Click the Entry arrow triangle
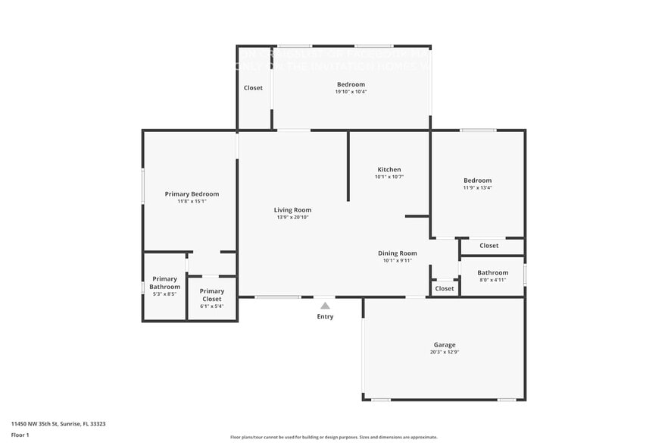pyautogui.click(x=325, y=306)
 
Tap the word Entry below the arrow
pyautogui.click(x=325, y=316)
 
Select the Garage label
pyautogui.click(x=445, y=345)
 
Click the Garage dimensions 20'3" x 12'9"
pyautogui.click(x=445, y=353)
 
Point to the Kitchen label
pyautogui.click(x=389, y=169)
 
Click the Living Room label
pyautogui.click(x=292, y=210)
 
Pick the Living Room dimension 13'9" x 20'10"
pyautogui.click(x=292, y=218)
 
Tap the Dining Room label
pyautogui.click(x=398, y=253)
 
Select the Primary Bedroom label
pyautogui.click(x=192, y=194)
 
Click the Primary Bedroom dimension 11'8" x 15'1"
pyautogui.click(x=192, y=202)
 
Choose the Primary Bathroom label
pyautogui.click(x=164, y=283)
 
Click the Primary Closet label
pyautogui.click(x=212, y=295)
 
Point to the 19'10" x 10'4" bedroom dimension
pyautogui.click(x=351, y=92)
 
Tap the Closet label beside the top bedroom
pyautogui.click(x=253, y=88)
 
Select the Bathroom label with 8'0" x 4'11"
pyautogui.click(x=492, y=272)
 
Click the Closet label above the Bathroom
pyautogui.click(x=489, y=246)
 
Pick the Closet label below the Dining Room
pyautogui.click(x=445, y=288)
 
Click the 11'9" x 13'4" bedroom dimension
pyautogui.click(x=477, y=188)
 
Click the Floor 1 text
pyautogui.click(x=20, y=435)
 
